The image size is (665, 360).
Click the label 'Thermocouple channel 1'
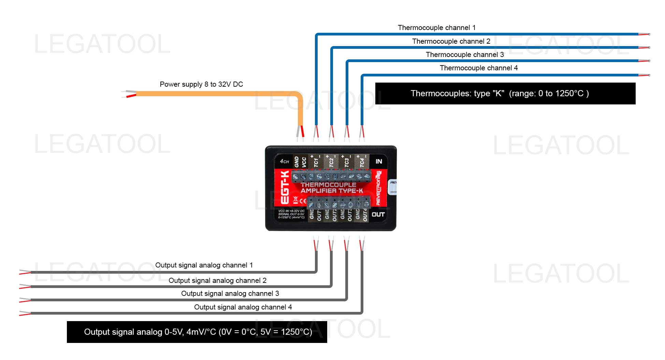436,28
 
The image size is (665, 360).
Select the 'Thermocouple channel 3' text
465,55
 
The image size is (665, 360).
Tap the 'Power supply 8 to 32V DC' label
201,84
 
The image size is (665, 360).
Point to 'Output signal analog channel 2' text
217,280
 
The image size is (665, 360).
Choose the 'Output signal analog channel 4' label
243,307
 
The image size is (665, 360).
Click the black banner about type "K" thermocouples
505,93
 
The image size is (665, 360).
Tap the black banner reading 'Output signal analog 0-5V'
197,332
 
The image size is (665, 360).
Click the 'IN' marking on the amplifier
379,161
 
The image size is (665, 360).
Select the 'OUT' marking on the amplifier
378,214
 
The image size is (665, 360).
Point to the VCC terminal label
304,162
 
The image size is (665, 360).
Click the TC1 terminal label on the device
316,162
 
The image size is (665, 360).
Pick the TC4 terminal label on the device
362,162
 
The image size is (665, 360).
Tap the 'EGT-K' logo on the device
285,187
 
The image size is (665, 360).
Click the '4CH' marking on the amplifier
284,161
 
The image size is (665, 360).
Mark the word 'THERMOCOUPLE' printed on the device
328,185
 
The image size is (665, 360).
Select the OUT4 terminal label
365,215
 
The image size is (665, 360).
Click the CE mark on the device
303,200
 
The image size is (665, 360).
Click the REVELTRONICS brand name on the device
378,188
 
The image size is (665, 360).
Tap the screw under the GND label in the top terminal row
295,176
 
